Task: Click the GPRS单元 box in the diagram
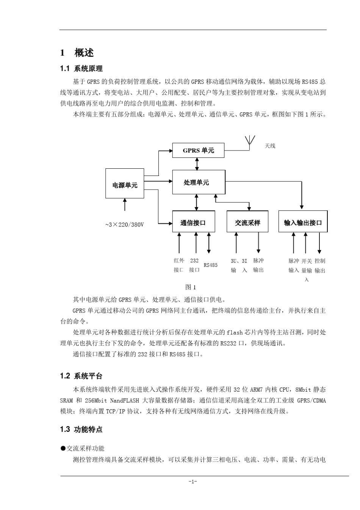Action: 198,150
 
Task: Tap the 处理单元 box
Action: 199,182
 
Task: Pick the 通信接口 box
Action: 193,222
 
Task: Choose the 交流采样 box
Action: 247,222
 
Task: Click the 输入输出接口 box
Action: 303,222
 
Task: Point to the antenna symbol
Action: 250,141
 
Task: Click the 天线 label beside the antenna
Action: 270,146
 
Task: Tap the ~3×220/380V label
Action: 124,224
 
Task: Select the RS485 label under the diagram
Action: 211,265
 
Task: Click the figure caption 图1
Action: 190,287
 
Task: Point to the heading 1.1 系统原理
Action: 81,69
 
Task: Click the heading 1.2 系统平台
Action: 81,376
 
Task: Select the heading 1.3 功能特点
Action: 81,429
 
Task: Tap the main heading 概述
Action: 84,53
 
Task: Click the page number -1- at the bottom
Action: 193,482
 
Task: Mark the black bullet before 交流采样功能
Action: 63,448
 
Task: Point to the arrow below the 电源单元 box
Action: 125,205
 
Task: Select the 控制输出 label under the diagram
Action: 320,265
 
